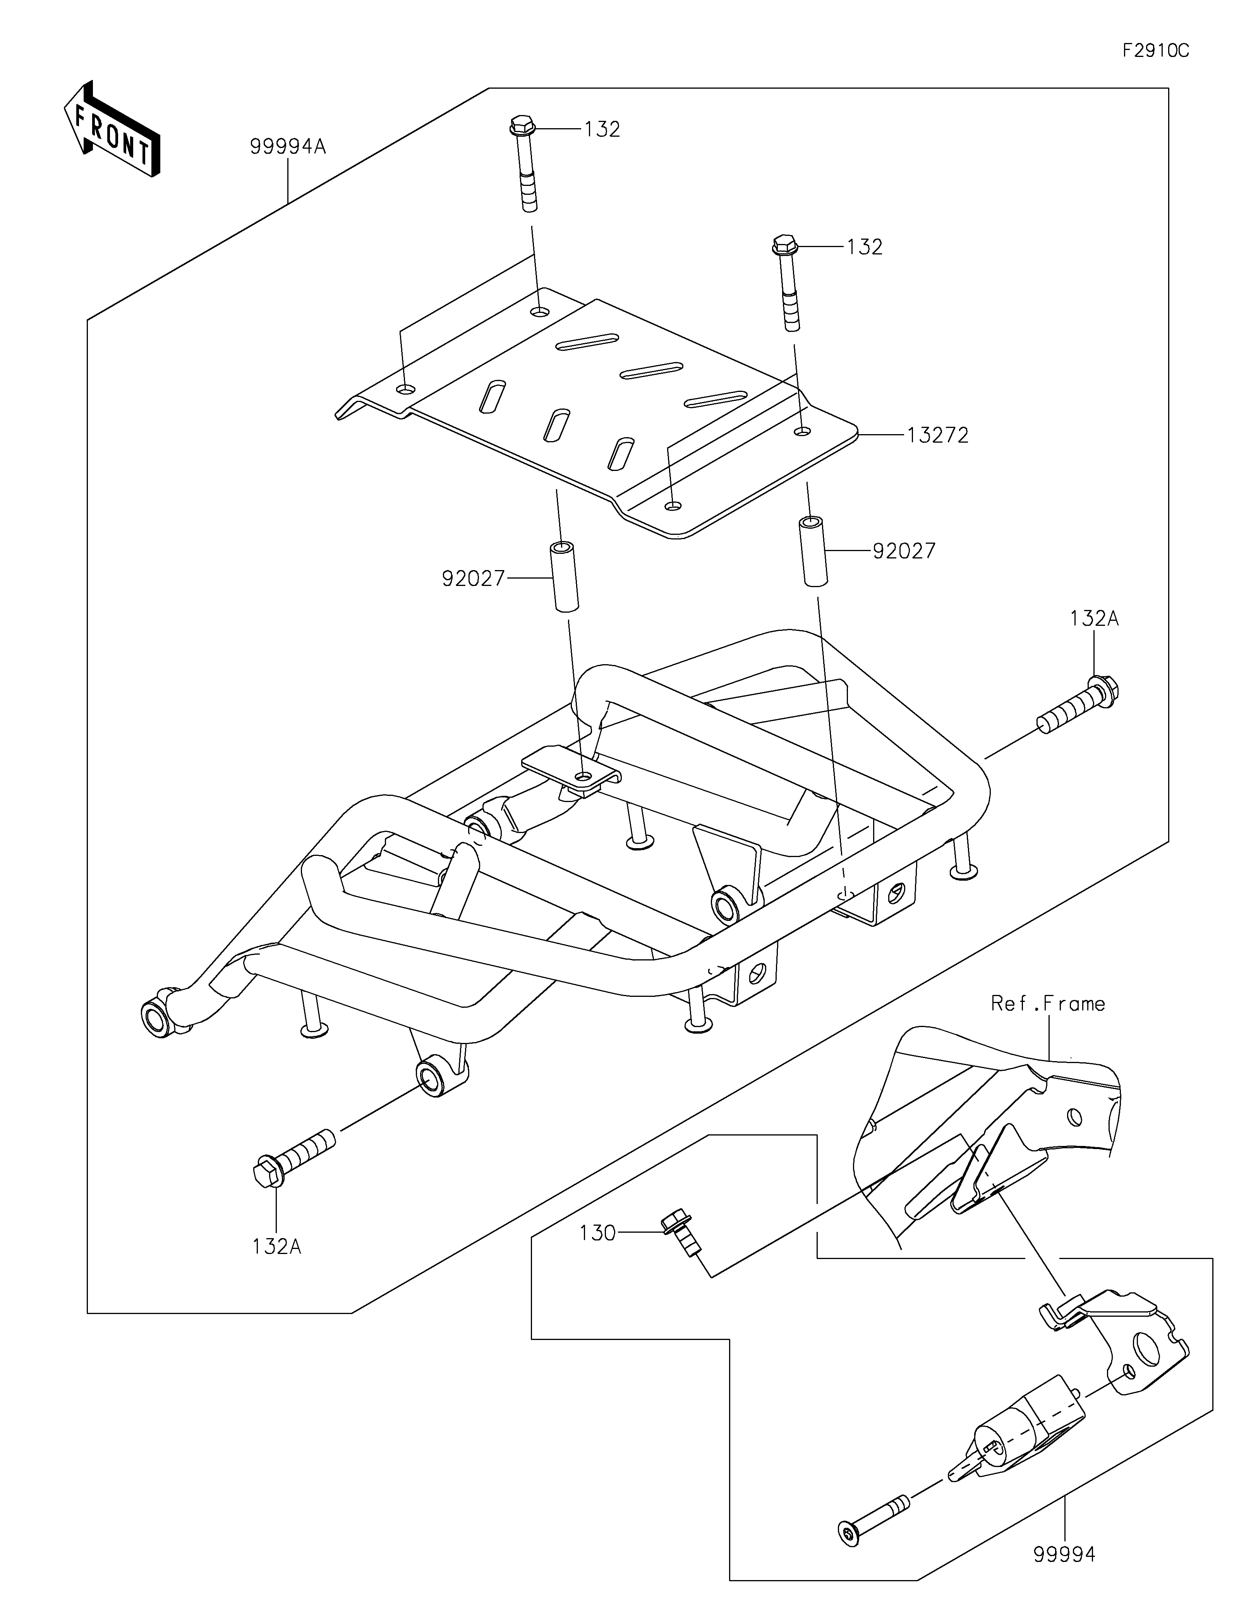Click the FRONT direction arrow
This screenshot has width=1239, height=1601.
coord(112,129)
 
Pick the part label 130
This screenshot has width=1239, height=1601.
coord(597,1233)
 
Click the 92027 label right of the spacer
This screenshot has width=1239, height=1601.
coord(904,551)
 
